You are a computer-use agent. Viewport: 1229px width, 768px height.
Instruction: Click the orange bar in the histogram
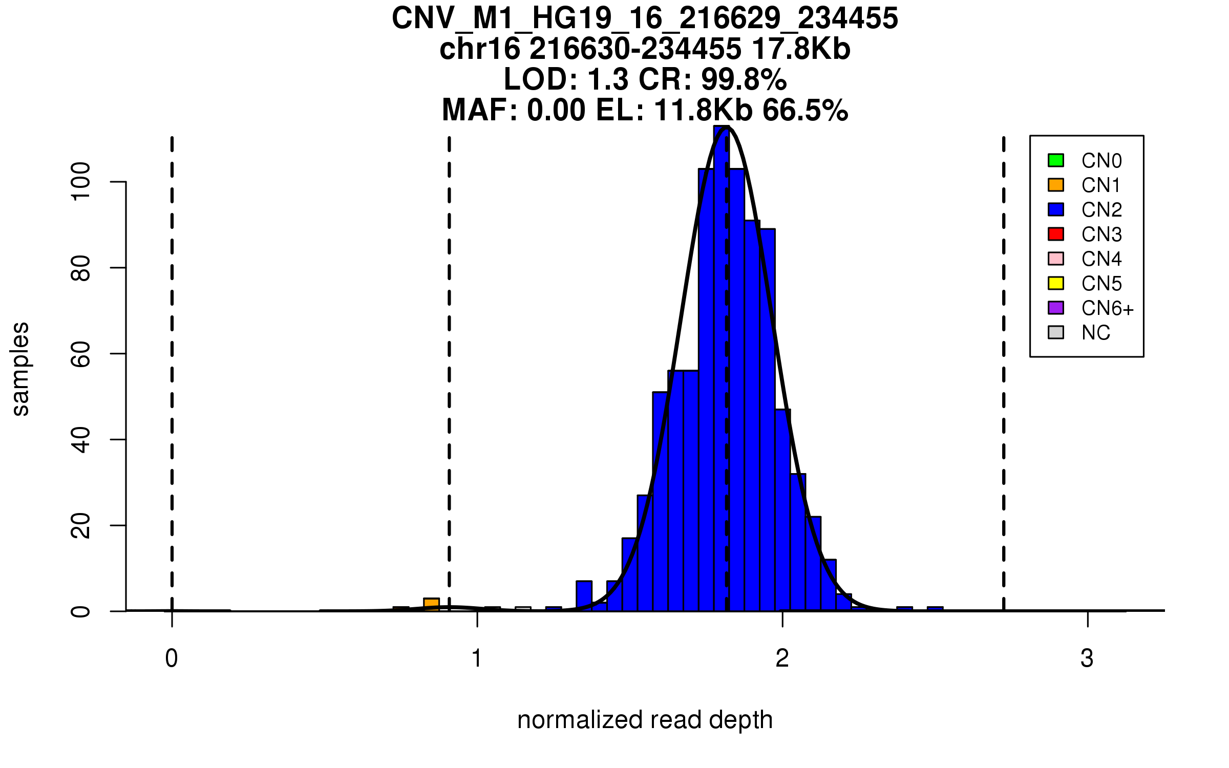click(x=431, y=605)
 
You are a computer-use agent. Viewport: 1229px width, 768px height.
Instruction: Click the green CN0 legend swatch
click(x=1056, y=160)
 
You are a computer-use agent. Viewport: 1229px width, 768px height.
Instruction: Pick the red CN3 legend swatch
click(x=1056, y=234)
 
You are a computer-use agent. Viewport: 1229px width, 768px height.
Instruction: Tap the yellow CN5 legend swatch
click(x=1056, y=283)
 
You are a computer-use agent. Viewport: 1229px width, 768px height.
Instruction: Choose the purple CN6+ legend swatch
click(x=1056, y=308)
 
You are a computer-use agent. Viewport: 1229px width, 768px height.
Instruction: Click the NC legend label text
click(x=1096, y=333)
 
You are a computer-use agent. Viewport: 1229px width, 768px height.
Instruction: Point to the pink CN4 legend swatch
click(x=1056, y=259)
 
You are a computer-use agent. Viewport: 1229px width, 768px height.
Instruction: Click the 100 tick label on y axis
click(x=80, y=182)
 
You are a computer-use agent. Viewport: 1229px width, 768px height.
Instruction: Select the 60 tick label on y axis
click(x=80, y=354)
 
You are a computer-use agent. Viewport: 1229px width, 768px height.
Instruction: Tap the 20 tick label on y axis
click(x=80, y=526)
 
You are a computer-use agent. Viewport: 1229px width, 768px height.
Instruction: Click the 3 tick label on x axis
click(x=1087, y=658)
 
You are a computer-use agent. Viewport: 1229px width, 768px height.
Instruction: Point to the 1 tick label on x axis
click(x=477, y=658)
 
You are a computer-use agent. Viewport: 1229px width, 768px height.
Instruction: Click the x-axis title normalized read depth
click(x=645, y=720)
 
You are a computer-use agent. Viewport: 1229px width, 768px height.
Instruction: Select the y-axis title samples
click(x=20, y=369)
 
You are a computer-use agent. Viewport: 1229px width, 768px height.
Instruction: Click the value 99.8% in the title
click(x=744, y=79)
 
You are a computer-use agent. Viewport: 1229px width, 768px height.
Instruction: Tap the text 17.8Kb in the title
click(x=801, y=49)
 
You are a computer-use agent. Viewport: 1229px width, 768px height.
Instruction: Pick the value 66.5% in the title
click(x=805, y=110)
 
